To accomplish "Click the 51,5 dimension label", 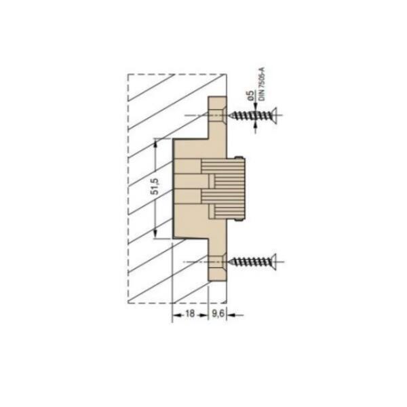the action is pyautogui.click(x=156, y=187).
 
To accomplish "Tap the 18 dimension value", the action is pyautogui.click(x=190, y=313).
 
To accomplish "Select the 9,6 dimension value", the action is pyautogui.click(x=218, y=313).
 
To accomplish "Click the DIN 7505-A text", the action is pyautogui.click(x=262, y=83).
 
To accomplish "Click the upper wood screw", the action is pyautogui.click(x=254, y=115).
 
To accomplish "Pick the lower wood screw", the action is pyautogui.click(x=254, y=261).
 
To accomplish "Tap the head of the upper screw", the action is pyautogui.click(x=273, y=115).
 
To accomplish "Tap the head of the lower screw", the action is pyautogui.click(x=273, y=261).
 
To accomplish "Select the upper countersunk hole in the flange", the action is pyautogui.click(x=218, y=115).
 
